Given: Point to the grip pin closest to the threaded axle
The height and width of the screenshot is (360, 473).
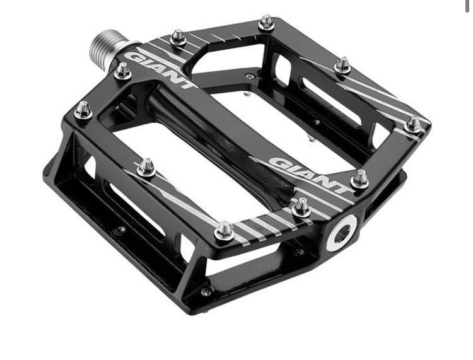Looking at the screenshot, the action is (122, 71).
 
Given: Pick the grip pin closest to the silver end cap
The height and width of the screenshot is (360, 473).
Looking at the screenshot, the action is (301, 207).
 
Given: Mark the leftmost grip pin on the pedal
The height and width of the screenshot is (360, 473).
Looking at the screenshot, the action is (83, 110).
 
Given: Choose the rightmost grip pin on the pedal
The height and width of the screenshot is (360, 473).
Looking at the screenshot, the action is (412, 124).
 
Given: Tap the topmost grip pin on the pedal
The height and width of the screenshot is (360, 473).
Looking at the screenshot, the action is (266, 21).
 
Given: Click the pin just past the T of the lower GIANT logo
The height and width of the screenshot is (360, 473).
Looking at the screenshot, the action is (360, 179).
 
